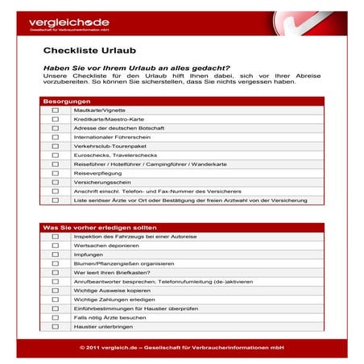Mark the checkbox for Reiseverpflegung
point(56,172)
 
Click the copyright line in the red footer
point(182,348)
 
